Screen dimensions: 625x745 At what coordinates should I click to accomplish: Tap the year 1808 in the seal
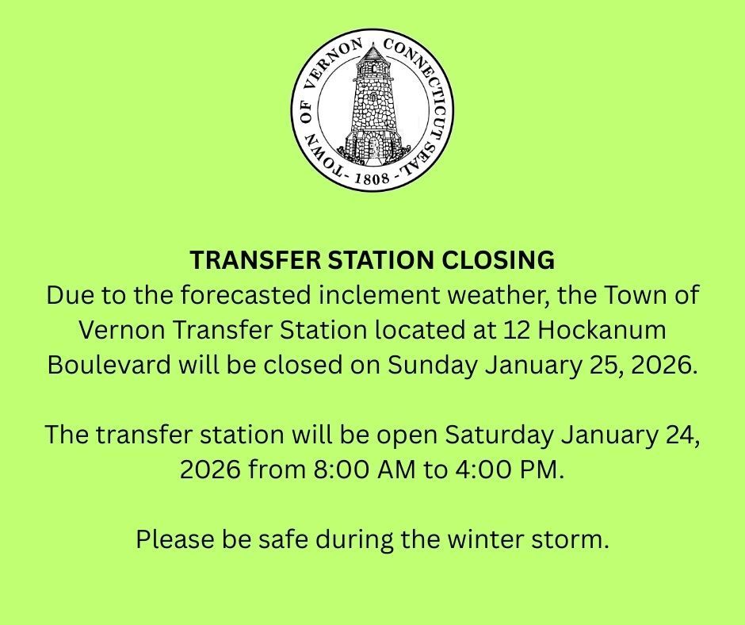tap(372, 178)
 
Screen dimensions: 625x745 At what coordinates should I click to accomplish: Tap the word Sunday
tap(432, 366)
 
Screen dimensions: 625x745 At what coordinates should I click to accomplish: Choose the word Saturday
tap(499, 435)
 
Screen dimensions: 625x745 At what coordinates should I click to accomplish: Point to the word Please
tap(172, 540)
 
